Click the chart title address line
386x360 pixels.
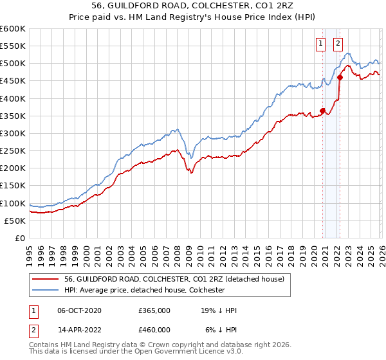coord(193,6)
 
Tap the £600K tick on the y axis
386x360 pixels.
coord(13,29)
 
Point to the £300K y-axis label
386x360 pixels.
coord(13,134)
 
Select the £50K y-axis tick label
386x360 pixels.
coord(15,221)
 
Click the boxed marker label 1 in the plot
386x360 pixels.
coord(320,44)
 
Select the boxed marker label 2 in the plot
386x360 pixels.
coord(338,44)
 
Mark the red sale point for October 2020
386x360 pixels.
coord(322,111)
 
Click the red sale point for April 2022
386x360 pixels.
coord(340,78)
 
